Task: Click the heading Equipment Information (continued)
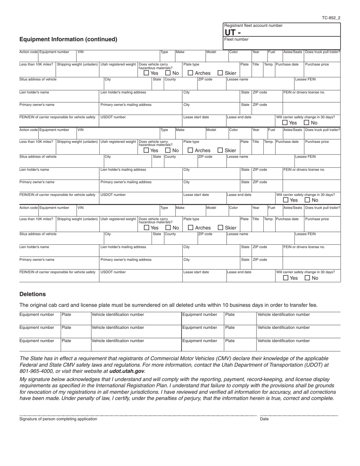pos(68,39)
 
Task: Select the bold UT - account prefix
pos(232,33)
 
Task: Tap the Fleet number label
pos(236,39)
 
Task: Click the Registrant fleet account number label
pos(253,25)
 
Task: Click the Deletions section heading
pos(33,294)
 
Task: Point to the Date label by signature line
pos(264,419)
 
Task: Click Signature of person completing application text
pos(58,419)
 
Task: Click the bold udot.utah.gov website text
pos(127,371)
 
